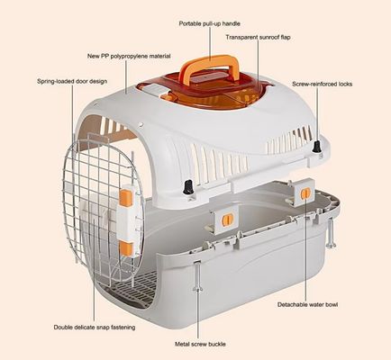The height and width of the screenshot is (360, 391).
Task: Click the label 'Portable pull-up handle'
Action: (209, 23)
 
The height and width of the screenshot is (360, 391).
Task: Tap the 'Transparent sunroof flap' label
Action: (258, 38)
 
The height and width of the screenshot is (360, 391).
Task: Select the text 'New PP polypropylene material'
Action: (129, 56)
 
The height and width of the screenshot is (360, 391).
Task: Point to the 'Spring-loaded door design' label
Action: (72, 81)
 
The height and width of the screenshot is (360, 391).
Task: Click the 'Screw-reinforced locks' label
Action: (322, 84)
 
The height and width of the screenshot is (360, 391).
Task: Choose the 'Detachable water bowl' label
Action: (307, 304)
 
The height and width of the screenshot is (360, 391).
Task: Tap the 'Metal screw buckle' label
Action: (200, 344)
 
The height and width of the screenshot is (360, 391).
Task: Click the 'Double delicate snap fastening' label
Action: (95, 328)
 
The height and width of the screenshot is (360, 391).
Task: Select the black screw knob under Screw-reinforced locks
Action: (316, 147)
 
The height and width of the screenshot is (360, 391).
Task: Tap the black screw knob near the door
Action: (188, 187)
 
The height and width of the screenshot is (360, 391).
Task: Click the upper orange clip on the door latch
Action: (126, 198)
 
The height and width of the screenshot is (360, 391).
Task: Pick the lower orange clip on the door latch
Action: (126, 248)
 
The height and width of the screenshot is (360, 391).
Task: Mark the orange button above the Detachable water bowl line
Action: (305, 193)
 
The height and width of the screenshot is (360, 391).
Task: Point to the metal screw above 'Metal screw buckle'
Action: (197, 277)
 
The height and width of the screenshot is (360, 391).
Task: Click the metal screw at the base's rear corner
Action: (331, 232)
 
